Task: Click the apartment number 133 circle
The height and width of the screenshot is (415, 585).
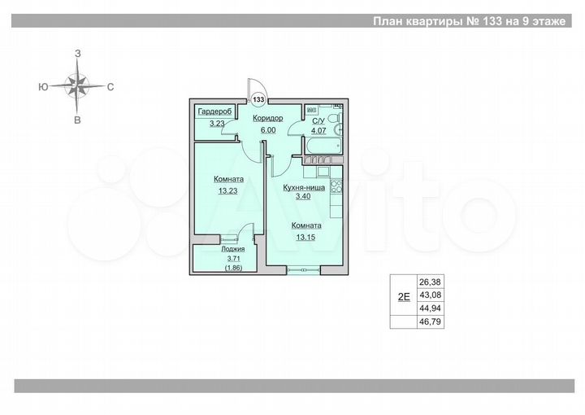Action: pos(259,99)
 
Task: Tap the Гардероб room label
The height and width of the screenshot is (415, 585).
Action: pos(214,111)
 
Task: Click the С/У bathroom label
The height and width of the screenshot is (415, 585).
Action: pos(319,120)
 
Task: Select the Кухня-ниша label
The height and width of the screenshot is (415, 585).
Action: pos(304,187)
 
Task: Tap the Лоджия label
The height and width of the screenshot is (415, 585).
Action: pos(232,249)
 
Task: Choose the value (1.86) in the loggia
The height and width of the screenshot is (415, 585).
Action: pos(232,266)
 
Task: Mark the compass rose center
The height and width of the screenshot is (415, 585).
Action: pos(78,85)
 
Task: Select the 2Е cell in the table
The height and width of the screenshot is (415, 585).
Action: pos(403,296)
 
